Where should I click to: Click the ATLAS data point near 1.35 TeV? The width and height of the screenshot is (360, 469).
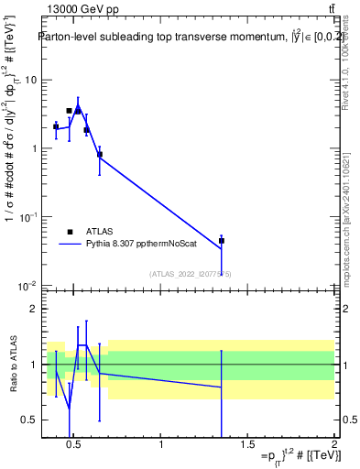tap(221, 241)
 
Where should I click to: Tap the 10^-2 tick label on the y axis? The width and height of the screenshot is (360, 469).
tap(27, 287)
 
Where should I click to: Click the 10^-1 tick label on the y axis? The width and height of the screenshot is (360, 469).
tap(27, 218)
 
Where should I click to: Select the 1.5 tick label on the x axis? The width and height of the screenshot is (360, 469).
tap(247, 445)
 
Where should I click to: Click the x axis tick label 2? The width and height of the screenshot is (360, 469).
tap(333, 445)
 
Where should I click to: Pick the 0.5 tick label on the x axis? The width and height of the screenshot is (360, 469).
tap(74, 445)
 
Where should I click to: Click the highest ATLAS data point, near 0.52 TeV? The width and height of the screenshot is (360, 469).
tap(78, 111)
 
